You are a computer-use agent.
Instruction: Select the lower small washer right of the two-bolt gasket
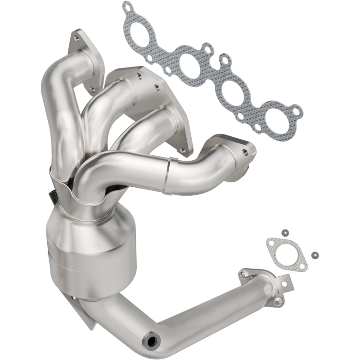(x=313, y=253)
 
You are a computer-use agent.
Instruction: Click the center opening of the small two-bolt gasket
(x=281, y=249)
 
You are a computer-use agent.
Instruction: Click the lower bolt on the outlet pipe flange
(x=279, y=301)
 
